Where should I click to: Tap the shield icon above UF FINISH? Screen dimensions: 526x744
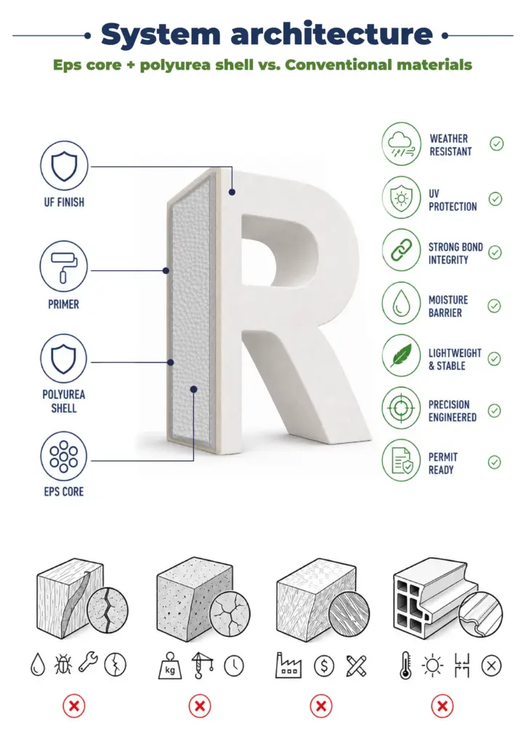pos(64,166)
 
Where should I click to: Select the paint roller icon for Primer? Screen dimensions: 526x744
pos(63,266)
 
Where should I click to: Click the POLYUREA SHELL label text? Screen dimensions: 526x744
pos(63,401)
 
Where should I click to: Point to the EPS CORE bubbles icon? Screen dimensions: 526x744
pos(64,456)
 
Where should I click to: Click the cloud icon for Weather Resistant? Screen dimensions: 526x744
pos(401,144)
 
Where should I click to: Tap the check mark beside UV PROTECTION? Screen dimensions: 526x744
pos(495,199)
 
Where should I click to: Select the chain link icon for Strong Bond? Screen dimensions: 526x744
pos(401,250)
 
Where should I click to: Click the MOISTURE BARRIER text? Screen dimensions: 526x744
pos(448,307)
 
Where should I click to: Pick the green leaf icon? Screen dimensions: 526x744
pos(401,355)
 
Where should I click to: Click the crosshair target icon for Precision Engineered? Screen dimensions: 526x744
pos(401,408)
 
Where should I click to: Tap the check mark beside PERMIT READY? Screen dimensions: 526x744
pos(494,462)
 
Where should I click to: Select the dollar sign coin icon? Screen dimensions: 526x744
pos(324,666)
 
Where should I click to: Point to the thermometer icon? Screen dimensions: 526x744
pos(405,666)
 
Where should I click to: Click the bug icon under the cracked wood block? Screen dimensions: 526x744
pos(62,664)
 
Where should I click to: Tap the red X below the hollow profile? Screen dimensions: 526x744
pos(442,706)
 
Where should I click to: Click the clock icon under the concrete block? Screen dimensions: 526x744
pos(234,666)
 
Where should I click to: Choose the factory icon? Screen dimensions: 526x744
pos(288,665)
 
